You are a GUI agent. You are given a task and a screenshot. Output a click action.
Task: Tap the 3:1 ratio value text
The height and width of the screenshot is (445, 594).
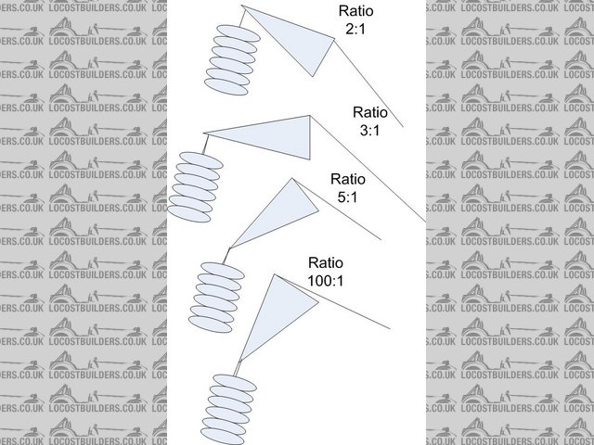point(369,132)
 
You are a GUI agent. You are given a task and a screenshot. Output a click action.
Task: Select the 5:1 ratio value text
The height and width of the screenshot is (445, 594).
point(348,197)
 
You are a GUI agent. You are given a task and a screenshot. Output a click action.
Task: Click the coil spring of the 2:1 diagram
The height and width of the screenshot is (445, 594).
point(231,59)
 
